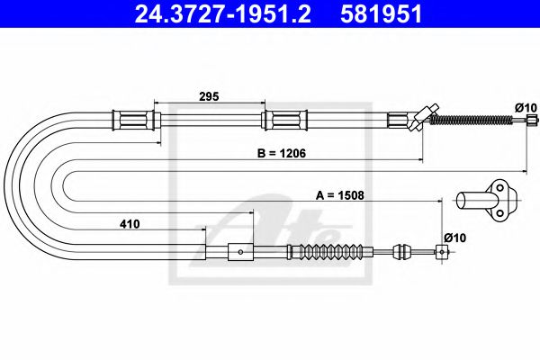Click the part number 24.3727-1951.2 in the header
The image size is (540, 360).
[223, 14]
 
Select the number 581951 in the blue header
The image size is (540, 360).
[381, 14]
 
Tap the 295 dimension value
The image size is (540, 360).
[209, 96]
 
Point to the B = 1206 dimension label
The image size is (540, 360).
[282, 153]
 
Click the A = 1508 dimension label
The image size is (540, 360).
[340, 195]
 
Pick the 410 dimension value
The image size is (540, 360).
[130, 224]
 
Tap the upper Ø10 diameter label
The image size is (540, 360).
[526, 108]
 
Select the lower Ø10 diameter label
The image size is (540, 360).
[454, 238]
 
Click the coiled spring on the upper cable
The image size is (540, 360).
[471, 120]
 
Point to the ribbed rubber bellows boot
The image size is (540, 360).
[330, 251]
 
